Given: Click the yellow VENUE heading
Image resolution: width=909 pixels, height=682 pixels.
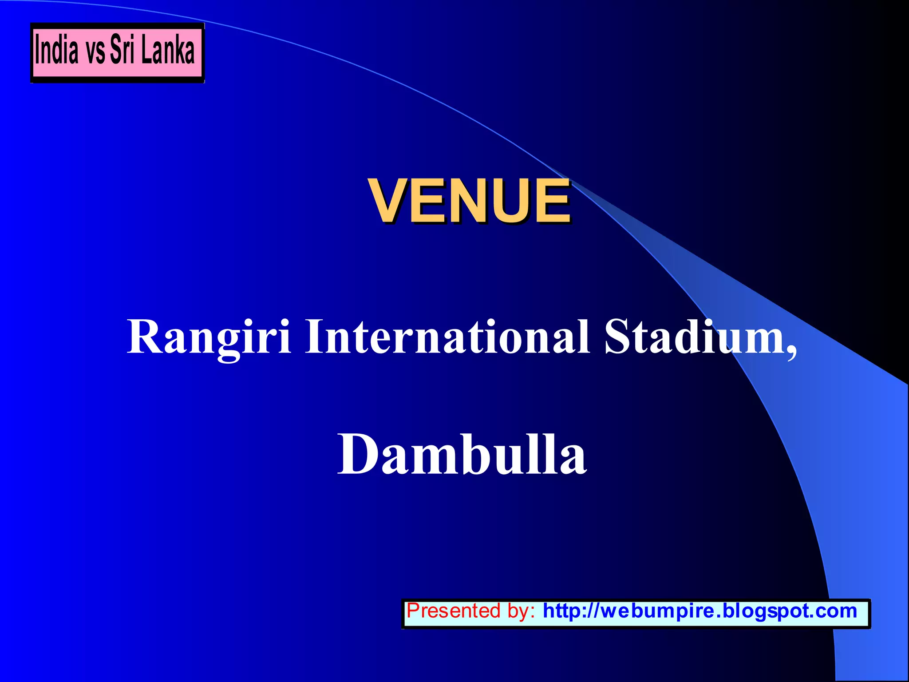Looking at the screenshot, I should point(470,201).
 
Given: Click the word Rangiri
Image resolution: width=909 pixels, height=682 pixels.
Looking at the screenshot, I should point(209,337).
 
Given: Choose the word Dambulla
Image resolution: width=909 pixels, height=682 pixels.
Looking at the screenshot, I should point(462,454).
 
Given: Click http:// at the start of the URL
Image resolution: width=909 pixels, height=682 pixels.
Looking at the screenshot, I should point(571,611).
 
